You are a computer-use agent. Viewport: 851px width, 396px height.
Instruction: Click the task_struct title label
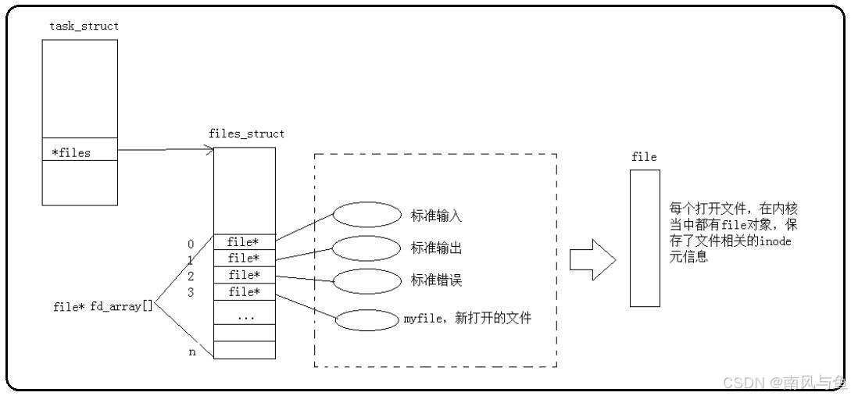(x=84, y=27)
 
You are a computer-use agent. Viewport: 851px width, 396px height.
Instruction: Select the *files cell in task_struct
(x=79, y=153)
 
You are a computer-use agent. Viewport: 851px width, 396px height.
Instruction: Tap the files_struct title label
(x=246, y=134)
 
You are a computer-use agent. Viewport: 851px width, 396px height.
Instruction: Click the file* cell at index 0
(x=245, y=242)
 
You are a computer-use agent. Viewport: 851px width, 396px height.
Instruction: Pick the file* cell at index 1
(x=245, y=259)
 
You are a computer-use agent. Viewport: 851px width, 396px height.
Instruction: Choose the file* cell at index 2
(x=245, y=276)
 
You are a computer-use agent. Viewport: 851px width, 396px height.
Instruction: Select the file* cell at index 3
(x=245, y=292)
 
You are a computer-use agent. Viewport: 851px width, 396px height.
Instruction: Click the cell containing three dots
(x=245, y=317)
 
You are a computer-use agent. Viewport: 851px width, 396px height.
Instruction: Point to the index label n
(x=191, y=352)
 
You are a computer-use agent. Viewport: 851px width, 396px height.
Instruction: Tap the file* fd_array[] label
(x=102, y=307)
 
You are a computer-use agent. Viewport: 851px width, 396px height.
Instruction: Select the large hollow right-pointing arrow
(x=592, y=259)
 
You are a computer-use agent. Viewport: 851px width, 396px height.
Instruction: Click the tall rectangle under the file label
(x=645, y=237)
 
